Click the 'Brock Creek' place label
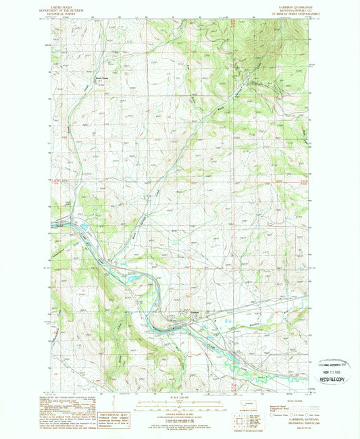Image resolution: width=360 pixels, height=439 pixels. [102, 76]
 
